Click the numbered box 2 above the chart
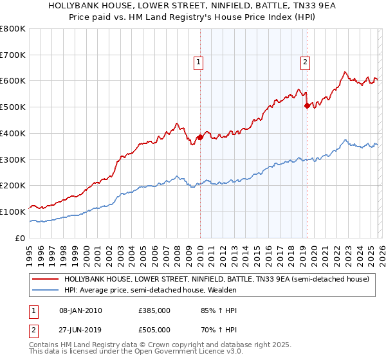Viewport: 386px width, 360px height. click(x=304, y=62)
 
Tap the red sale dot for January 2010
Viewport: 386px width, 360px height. click(x=200, y=137)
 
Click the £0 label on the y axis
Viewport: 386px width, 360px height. click(x=21, y=238)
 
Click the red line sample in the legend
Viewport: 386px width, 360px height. click(x=45, y=280)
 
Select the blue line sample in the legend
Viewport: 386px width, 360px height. click(x=45, y=291)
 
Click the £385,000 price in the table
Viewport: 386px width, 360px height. click(x=154, y=310)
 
